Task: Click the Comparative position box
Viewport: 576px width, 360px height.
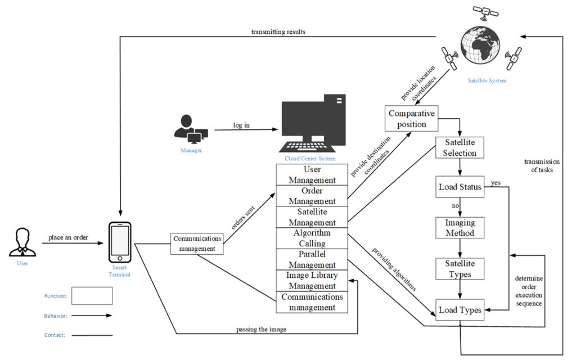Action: (411, 119)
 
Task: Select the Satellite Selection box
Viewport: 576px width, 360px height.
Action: (460, 148)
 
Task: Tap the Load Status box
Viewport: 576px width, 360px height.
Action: (460, 187)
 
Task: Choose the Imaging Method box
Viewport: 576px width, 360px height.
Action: (460, 228)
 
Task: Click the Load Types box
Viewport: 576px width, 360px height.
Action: (460, 310)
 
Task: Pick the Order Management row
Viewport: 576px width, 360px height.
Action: (312, 196)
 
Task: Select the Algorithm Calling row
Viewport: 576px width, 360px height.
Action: (312, 238)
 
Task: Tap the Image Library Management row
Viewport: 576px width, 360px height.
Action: (312, 281)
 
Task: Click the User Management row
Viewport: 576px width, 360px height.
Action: (312, 174)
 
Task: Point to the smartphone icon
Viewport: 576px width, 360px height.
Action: (120, 242)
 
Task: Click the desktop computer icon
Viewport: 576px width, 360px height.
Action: (312, 123)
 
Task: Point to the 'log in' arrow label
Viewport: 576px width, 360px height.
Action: (241, 125)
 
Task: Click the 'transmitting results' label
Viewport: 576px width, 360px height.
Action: (278, 31)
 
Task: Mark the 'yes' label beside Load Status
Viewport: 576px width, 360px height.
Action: (496, 183)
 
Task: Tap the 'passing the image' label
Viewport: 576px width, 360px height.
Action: (261, 329)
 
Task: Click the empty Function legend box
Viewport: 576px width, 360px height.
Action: (92, 296)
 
